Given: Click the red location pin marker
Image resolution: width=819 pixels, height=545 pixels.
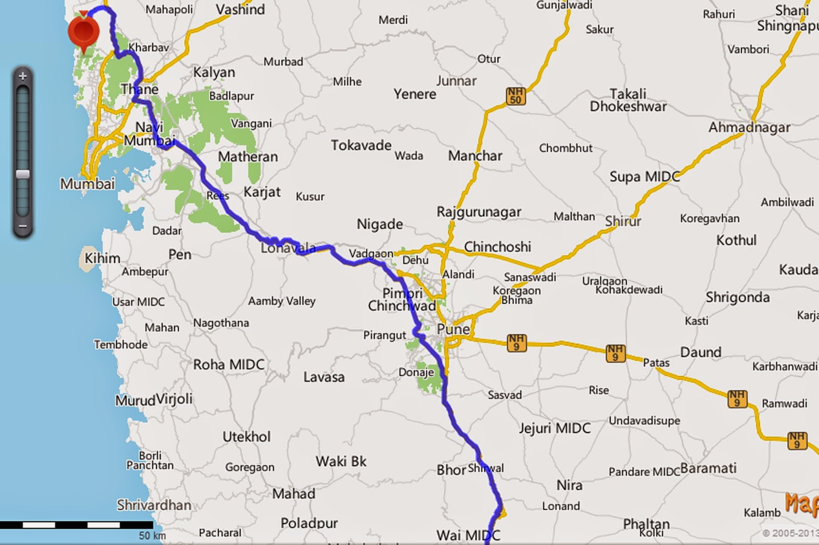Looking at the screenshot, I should coord(83,30).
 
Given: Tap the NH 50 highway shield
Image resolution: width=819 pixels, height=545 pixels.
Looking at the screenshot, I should coord(515,96).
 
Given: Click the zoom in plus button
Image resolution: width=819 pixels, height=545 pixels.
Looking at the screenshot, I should coord(23,77).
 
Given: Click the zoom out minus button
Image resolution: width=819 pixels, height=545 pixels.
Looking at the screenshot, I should coord(23,225).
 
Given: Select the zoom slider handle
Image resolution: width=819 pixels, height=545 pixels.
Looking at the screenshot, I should coord(23,174).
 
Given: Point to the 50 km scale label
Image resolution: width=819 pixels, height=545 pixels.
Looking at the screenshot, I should coord(152,535).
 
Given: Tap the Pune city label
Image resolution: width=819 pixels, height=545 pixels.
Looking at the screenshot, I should coord(453,329).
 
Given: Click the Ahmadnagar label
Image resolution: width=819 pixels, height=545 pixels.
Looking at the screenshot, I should coord(749,127).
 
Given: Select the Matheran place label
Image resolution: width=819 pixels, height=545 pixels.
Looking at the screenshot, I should coord(248,156).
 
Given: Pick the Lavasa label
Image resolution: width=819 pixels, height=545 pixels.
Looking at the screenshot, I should coord(324,377).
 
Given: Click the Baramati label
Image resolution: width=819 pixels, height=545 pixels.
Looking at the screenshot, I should coord(708,468).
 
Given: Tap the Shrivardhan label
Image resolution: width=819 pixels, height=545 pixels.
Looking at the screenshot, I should coord(154,505).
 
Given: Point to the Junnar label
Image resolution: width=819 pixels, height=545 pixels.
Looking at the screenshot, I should coord(456,81).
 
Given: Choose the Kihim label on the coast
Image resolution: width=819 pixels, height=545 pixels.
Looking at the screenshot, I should coord(102,258).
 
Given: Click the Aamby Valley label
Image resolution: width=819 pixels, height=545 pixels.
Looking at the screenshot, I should coord(282,301).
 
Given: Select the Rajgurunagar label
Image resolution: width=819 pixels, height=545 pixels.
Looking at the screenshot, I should coord(479,212).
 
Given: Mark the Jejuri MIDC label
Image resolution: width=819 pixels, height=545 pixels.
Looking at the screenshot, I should coord(554,428).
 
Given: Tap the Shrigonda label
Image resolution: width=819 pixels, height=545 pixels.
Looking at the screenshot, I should coord(737,298).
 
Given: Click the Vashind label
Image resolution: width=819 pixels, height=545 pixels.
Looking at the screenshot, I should coord(240,9).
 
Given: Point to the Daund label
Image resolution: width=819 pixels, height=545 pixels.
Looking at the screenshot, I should coord(700,352).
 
